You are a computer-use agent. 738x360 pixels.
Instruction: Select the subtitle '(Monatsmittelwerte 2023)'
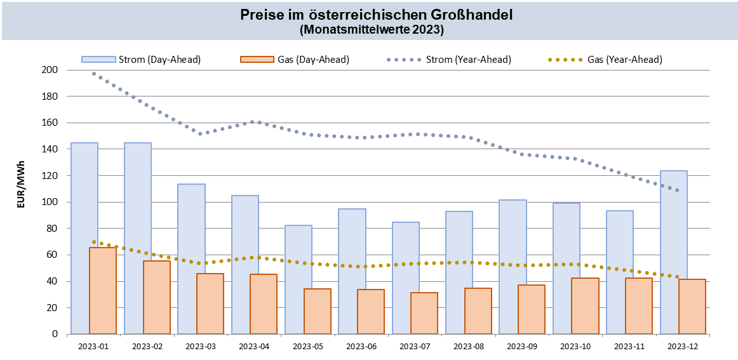pyautogui.click(x=371, y=29)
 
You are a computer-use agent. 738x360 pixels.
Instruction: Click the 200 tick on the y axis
pyautogui.click(x=50, y=70)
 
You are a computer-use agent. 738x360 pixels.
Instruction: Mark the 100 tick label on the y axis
pyautogui.click(x=50, y=202)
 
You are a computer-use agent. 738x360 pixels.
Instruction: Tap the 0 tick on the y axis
pyautogui.click(x=55, y=334)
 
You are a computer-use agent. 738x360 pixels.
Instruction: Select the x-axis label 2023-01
pyautogui.click(x=93, y=347)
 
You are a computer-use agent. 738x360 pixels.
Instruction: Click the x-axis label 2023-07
pyautogui.click(x=415, y=347)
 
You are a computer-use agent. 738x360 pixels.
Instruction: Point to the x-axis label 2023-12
pyautogui.click(x=683, y=347)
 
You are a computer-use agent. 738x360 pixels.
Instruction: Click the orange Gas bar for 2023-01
pyautogui.click(x=103, y=291)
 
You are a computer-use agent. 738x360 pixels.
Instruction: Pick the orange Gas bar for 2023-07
pyautogui.click(x=424, y=313)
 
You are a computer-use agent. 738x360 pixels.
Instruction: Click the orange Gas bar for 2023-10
pyautogui.click(x=585, y=306)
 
